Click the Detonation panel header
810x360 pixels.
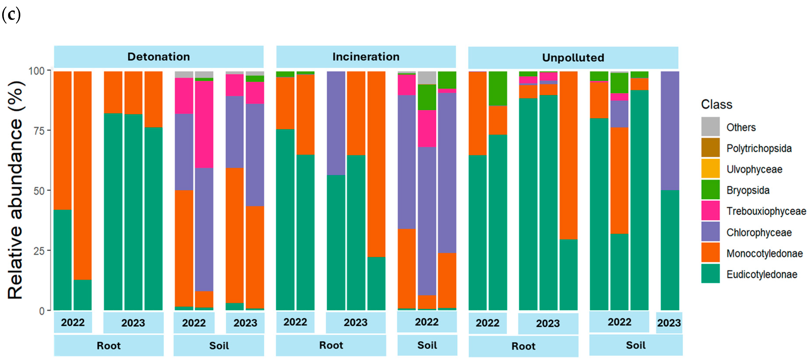(158, 57)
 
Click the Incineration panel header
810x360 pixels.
(366, 57)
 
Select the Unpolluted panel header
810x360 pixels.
(573, 58)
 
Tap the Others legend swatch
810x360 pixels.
(710, 127)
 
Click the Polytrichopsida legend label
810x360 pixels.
(759, 148)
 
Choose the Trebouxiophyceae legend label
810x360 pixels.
(766, 211)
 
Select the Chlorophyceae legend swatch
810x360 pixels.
(710, 231)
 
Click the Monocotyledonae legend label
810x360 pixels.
(764, 253)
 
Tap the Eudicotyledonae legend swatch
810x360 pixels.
(710, 274)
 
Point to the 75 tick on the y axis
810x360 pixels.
(39, 130)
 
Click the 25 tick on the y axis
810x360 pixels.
(39, 251)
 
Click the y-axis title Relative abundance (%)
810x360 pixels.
(16, 190)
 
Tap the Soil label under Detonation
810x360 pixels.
(219, 346)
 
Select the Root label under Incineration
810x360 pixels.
(331, 345)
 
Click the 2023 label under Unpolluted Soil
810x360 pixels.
(669, 323)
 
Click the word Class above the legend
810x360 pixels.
(716, 104)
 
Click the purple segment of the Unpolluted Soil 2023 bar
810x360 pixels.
(670, 130)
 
